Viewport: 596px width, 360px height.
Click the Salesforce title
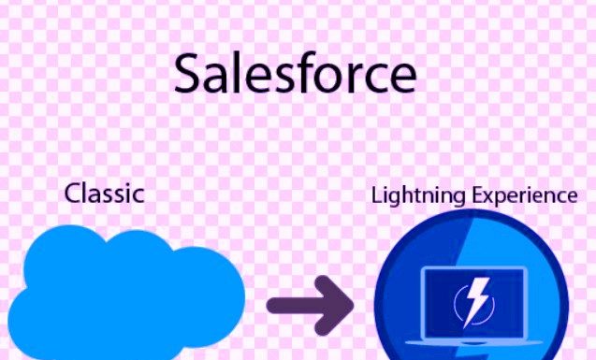tap(295, 74)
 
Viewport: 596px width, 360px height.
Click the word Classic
tap(104, 194)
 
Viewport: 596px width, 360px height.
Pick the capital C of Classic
tap(72, 194)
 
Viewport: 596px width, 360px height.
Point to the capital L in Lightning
tap(376, 195)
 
